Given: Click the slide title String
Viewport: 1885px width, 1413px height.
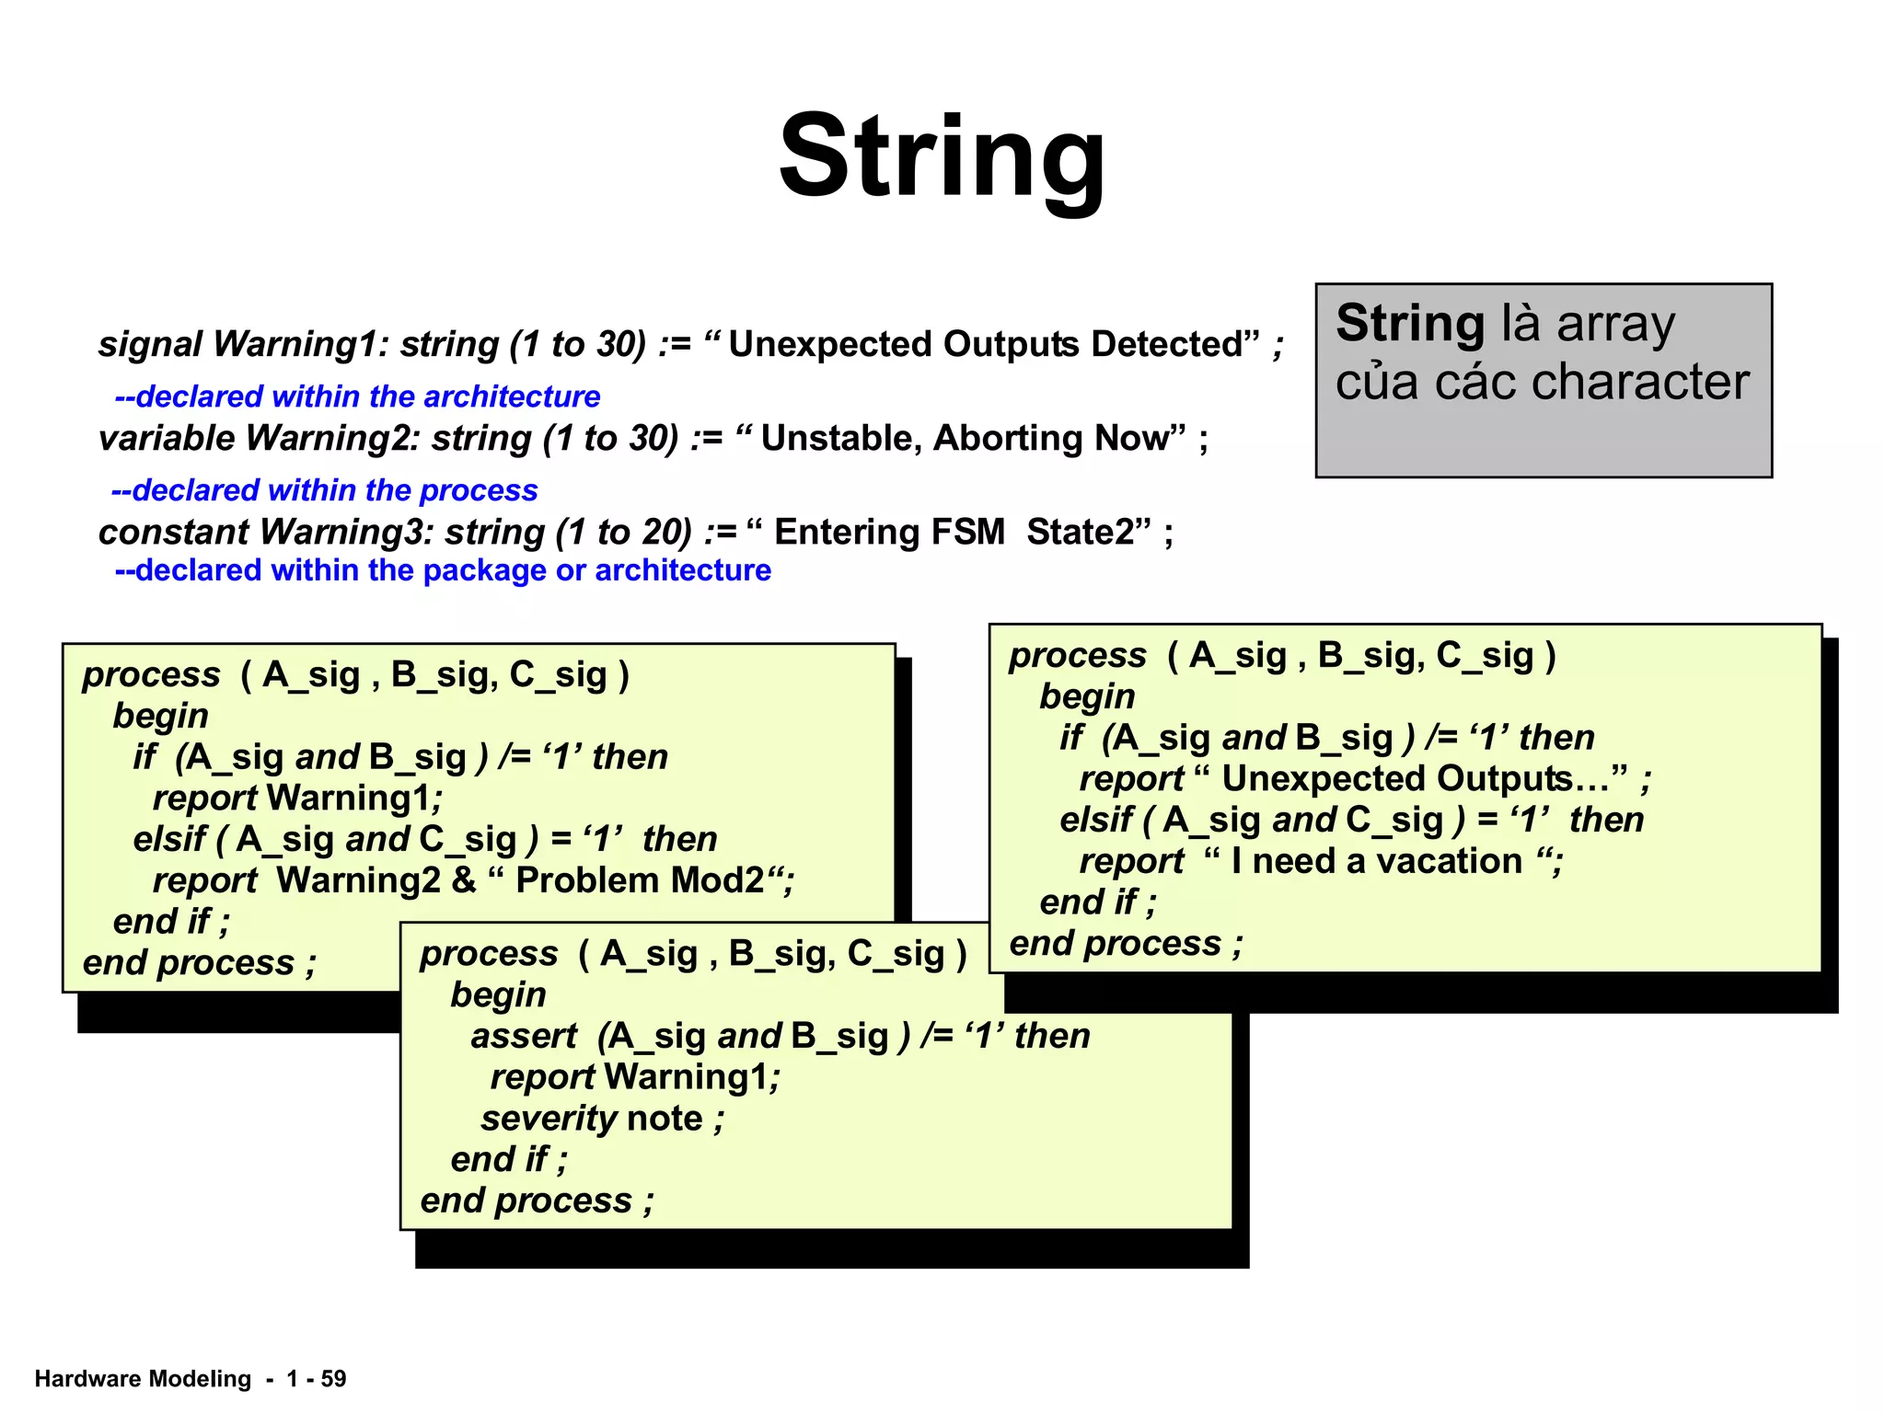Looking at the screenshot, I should click(942, 156).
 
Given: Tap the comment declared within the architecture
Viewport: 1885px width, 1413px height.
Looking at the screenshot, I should click(357, 396).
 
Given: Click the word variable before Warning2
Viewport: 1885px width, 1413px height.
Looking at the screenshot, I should click(167, 439).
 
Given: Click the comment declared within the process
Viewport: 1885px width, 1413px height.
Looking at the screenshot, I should click(324, 490).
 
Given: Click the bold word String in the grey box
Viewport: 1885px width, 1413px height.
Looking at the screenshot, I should click(1409, 324).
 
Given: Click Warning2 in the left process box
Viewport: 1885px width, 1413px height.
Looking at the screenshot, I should click(359, 881).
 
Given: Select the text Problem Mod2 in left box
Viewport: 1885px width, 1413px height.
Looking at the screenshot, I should click(639, 881).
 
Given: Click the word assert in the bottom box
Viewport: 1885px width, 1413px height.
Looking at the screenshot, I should click(524, 1037).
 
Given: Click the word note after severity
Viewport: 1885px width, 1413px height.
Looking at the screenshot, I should click(665, 1120).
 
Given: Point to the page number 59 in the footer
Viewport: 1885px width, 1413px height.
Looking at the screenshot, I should click(333, 1379).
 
